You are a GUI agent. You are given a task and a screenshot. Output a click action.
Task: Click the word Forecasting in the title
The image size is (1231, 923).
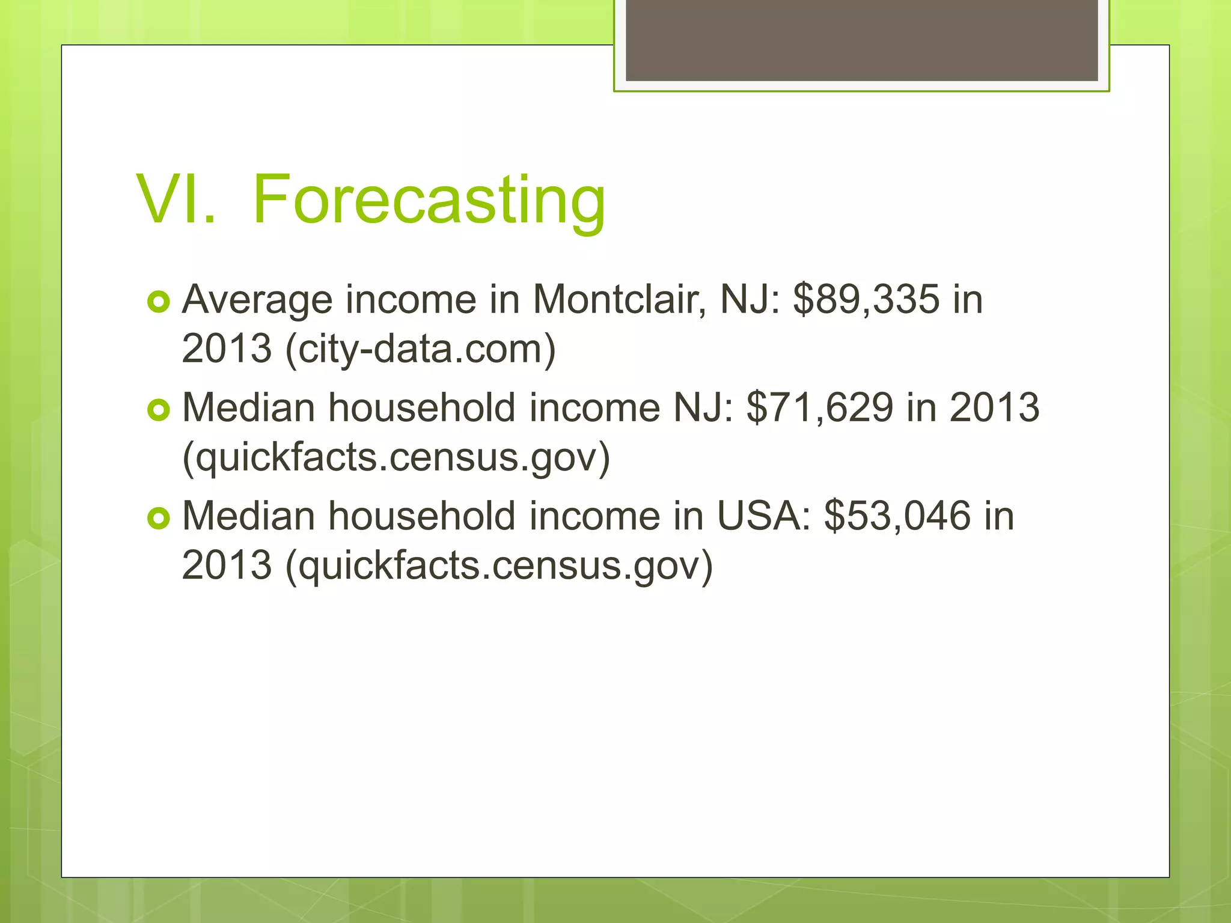point(429,200)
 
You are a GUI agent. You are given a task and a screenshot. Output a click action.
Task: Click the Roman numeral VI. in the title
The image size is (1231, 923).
point(176,200)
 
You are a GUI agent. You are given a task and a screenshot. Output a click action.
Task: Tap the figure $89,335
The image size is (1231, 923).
point(866,299)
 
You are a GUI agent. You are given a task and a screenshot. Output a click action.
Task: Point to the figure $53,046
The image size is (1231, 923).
point(897,516)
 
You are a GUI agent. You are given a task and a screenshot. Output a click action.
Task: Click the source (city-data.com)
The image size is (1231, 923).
point(421,349)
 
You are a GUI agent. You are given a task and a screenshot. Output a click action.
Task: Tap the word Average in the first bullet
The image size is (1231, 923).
point(257,299)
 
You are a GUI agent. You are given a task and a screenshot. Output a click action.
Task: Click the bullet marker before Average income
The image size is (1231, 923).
point(159,302)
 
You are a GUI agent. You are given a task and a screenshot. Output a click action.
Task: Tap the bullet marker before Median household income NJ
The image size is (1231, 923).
point(159,410)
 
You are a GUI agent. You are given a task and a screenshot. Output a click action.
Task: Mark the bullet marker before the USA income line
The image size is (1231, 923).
point(159,518)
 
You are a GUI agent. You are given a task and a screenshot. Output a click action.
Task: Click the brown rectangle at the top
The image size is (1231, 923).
point(861,40)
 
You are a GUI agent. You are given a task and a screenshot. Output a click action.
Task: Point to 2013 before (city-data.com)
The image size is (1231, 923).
point(227,349)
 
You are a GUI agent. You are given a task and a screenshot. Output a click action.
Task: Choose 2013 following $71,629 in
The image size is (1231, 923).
point(994,407)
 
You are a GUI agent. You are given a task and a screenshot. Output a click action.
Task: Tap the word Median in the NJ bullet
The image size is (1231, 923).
point(248,407)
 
